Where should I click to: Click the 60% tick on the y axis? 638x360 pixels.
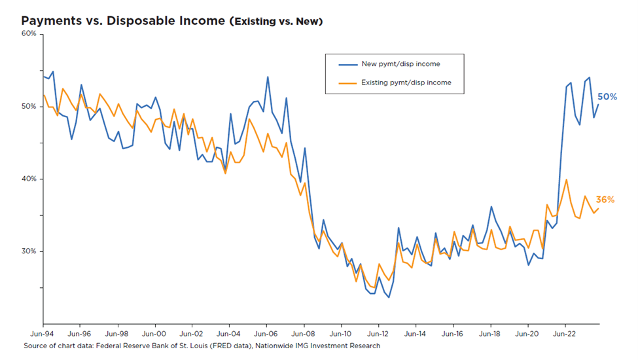coord(28,33)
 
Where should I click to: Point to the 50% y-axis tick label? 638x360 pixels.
coord(28,106)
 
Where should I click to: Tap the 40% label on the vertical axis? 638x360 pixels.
coord(28,179)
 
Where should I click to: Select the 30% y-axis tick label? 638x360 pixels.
coord(28,251)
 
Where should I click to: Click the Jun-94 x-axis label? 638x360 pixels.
coord(43,333)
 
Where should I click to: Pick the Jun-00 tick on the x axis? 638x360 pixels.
coord(154,333)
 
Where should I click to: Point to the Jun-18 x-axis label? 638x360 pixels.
coord(490,333)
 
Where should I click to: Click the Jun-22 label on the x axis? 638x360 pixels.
coord(565,333)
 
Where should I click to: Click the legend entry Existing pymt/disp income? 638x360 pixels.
coord(406,82)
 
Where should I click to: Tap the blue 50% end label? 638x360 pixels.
coord(607,97)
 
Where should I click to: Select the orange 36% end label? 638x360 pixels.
coord(605,200)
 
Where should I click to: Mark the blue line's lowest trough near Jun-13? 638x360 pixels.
coord(389,298)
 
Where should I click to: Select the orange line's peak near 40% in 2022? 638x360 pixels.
coord(566,179)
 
